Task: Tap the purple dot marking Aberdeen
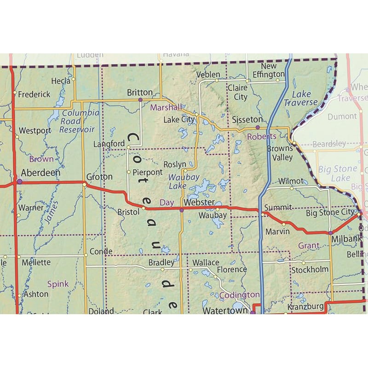(19, 182)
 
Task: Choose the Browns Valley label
(280, 153)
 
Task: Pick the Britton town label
(140, 92)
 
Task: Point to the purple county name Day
(166, 202)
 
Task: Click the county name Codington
(239, 295)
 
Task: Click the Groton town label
(99, 177)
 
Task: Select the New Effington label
(269, 70)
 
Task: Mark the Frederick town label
(34, 94)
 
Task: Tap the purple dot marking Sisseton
(258, 127)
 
